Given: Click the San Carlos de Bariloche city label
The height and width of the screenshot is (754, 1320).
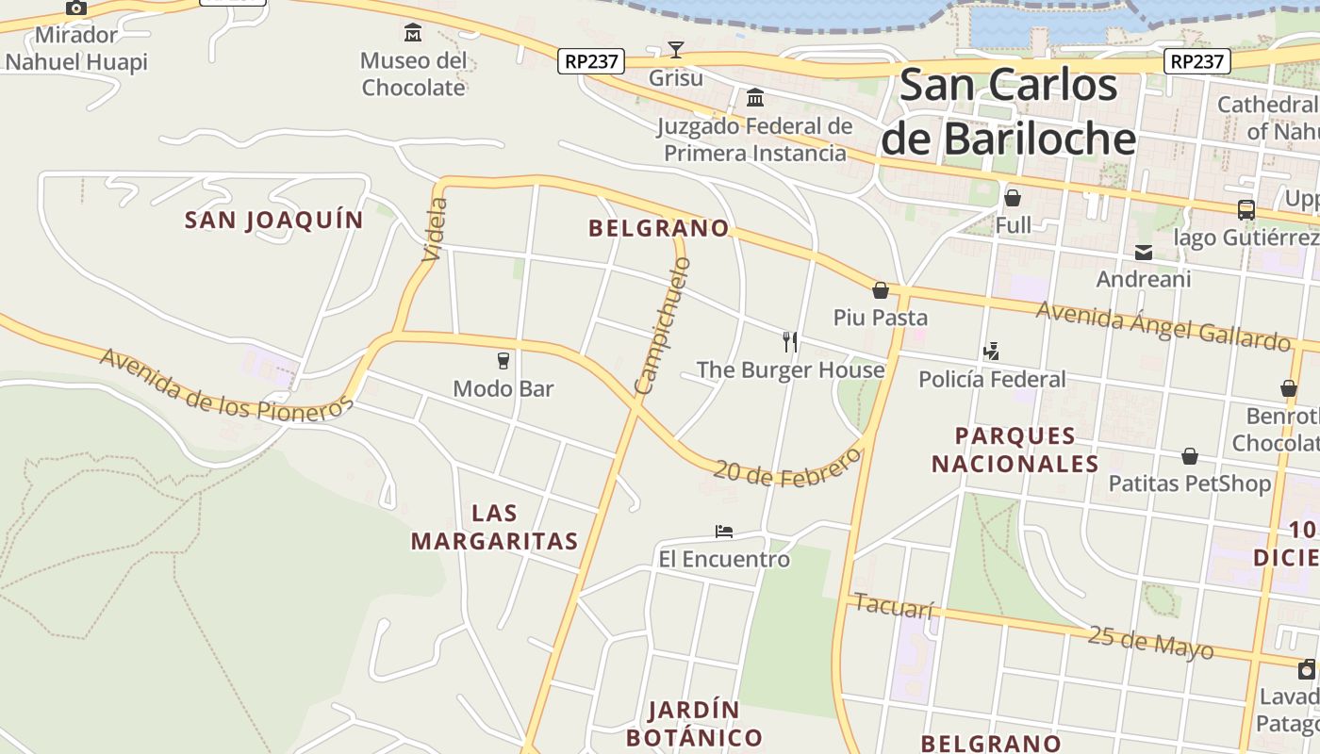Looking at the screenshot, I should tap(1009, 111).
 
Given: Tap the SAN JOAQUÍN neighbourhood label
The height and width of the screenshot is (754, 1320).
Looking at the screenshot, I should tap(273, 221).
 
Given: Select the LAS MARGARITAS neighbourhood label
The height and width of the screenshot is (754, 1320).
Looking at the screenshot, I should tap(494, 527).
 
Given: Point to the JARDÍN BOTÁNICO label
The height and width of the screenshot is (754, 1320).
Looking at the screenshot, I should tap(694, 723).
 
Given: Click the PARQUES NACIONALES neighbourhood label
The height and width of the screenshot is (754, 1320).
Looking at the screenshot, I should tap(1015, 450).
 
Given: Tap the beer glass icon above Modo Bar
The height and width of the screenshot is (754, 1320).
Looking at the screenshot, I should tap(503, 360).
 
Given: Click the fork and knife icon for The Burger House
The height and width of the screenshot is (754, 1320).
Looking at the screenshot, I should tap(790, 341).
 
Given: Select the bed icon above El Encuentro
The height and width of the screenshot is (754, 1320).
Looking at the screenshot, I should tap(724, 532).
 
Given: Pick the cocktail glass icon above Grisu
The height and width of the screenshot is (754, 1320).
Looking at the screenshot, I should tap(675, 50).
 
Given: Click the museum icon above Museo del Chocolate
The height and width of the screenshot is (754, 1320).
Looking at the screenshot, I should tap(413, 34).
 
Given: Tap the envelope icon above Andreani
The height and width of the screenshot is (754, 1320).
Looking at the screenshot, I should tap(1144, 252).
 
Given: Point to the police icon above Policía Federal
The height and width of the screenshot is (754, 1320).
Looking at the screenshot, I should tap(991, 352).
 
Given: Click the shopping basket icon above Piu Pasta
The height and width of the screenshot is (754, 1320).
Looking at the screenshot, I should tap(881, 290).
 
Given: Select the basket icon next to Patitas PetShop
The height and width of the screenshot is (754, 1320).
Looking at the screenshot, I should tap(1190, 456).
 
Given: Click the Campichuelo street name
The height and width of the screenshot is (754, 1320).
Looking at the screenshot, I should tap(664, 326).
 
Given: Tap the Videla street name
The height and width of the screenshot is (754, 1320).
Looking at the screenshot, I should tap(436, 229).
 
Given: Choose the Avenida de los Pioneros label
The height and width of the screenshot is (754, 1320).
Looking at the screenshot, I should tap(226, 384).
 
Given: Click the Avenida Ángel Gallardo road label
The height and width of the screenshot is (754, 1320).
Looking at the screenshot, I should tap(1163, 325).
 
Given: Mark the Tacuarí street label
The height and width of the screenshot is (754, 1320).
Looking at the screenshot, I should tap(893, 605).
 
